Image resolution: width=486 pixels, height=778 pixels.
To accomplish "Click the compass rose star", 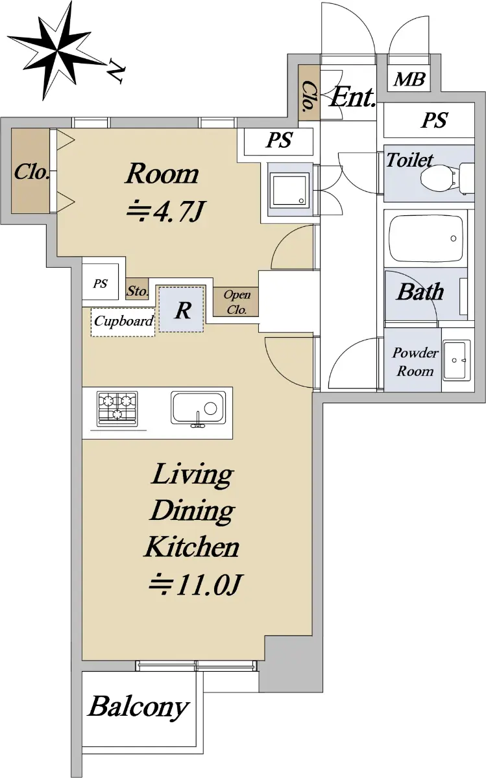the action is (x=56, y=51).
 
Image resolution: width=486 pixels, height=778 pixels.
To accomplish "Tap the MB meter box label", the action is (x=409, y=79).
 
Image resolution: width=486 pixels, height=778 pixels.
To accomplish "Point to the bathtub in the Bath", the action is (x=426, y=238).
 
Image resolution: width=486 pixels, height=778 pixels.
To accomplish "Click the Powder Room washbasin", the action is (x=456, y=360).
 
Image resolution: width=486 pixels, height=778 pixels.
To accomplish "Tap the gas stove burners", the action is (x=117, y=408).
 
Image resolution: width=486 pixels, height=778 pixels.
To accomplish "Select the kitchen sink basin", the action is (x=198, y=408).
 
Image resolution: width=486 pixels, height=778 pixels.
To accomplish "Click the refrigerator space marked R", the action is (x=181, y=309).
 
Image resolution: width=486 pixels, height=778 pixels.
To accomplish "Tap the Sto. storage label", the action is (x=138, y=290).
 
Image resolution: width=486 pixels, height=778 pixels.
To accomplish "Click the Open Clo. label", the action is (x=237, y=301).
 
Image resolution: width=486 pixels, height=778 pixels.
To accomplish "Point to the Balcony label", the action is (x=138, y=707).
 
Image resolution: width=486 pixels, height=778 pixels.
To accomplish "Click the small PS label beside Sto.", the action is (x=100, y=283).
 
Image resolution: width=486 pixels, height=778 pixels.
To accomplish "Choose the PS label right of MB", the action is (x=434, y=120).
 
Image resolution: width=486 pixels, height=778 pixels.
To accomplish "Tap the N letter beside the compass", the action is (x=115, y=71).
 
